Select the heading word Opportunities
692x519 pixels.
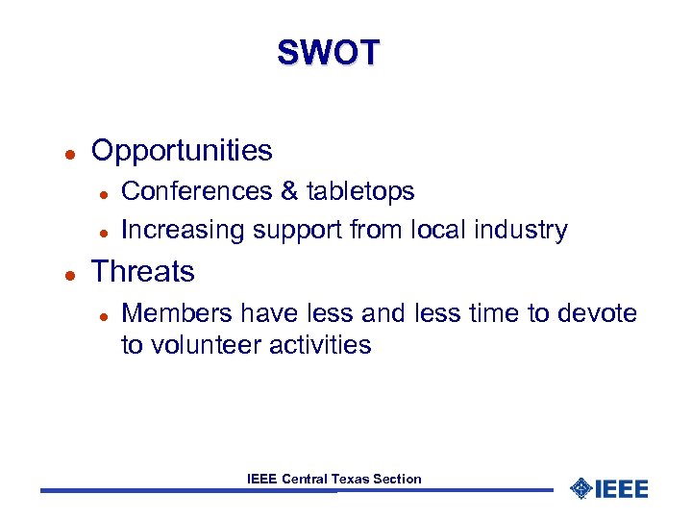coord(182,151)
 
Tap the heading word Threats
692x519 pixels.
coord(142,272)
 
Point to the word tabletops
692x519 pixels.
coord(360,191)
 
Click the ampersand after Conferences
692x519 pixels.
coord(289,191)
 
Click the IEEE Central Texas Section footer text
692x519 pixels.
coord(334,479)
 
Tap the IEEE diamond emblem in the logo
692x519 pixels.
coord(581,488)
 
